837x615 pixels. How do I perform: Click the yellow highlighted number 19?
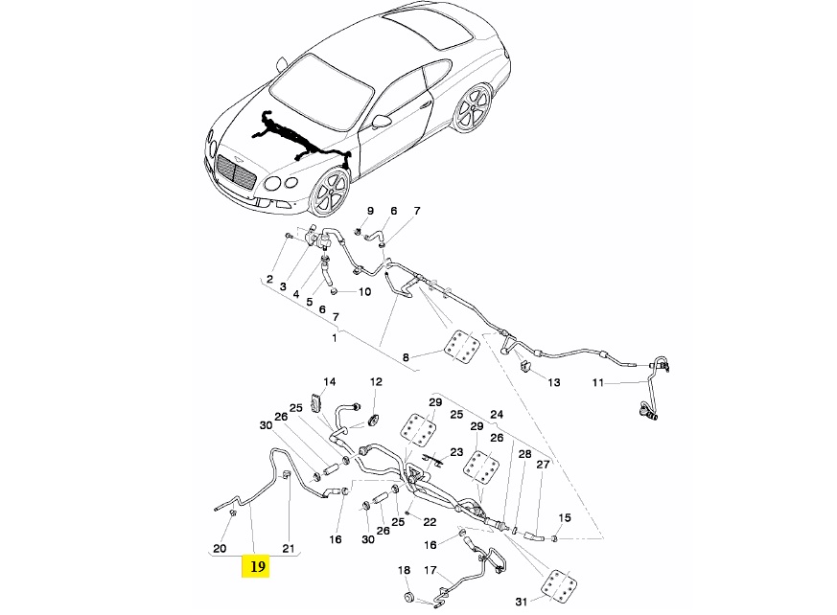point(257,567)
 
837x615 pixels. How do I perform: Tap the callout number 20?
point(219,549)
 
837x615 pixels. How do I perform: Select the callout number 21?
point(289,549)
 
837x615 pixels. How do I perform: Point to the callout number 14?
point(329,381)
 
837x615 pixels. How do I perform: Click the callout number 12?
point(376,381)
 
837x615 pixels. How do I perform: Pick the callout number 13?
point(553,381)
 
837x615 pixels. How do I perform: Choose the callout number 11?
point(597,383)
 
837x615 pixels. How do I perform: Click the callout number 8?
point(406,357)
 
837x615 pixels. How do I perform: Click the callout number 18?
point(404,571)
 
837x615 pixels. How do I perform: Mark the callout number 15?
point(565,518)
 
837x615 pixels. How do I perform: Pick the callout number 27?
point(543,465)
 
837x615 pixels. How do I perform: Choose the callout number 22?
point(430,522)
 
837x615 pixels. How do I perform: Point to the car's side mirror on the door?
point(382,122)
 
